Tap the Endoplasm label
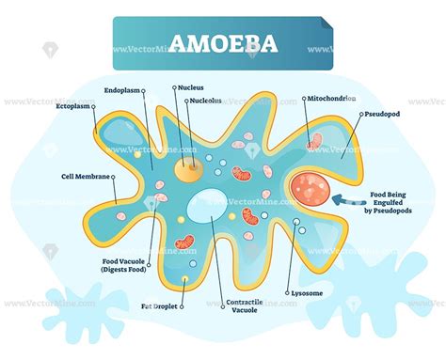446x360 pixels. [123, 91]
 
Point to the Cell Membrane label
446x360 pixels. [85, 176]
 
